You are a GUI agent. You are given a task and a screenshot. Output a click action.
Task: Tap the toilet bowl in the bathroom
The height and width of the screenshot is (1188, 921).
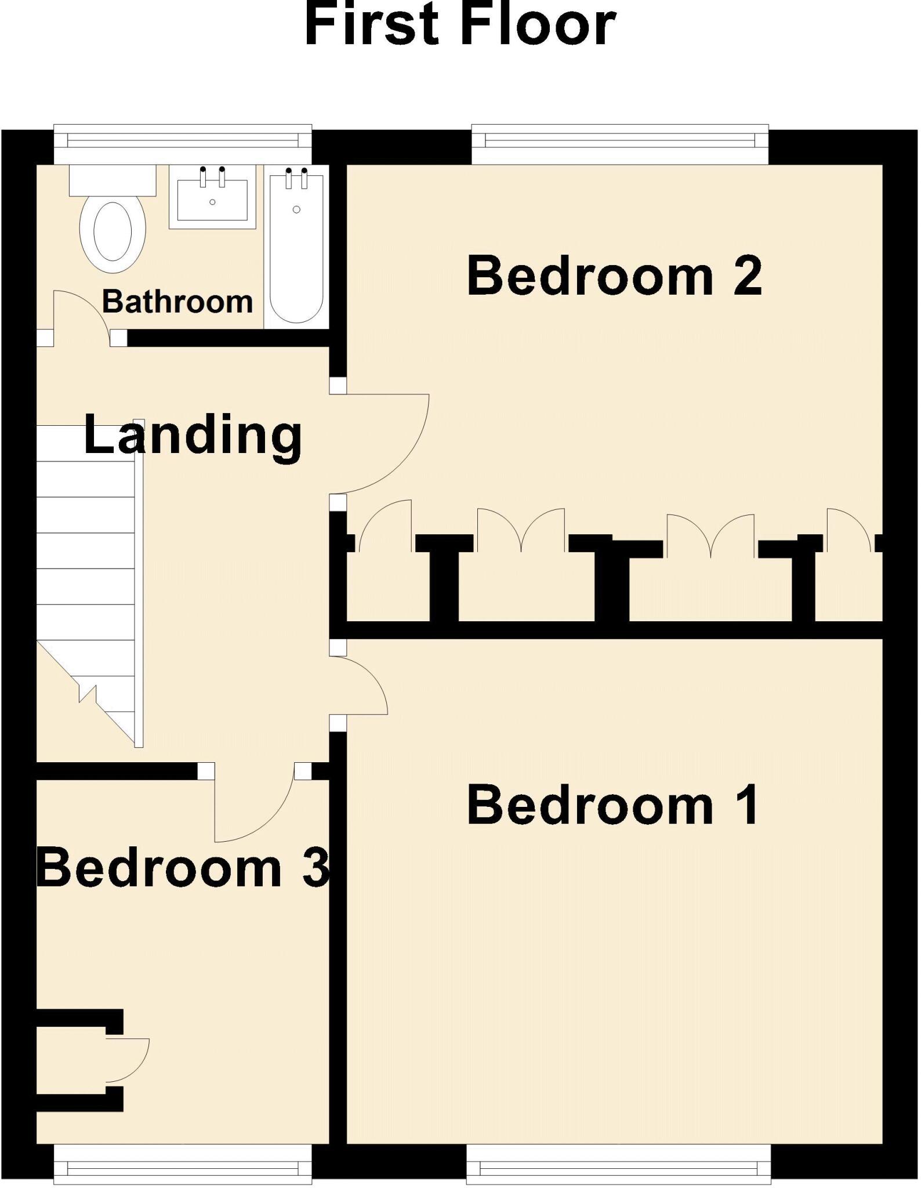coord(113,232)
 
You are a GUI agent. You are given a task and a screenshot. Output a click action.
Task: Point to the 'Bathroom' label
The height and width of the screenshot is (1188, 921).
coord(177,302)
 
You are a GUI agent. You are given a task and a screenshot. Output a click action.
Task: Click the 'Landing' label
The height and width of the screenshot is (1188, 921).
coord(193,436)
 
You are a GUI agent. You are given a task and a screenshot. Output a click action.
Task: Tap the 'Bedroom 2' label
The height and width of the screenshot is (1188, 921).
coord(614,276)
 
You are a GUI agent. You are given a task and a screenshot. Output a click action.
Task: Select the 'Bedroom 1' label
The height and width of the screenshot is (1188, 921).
coord(612,805)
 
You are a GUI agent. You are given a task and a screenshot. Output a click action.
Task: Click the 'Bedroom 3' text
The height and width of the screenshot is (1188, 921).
coord(183,868)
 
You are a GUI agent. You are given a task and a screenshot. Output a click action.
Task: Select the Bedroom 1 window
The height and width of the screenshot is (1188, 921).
coord(619,1165)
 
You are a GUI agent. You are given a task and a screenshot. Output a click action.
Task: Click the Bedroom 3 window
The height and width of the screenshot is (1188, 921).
coord(183,1165)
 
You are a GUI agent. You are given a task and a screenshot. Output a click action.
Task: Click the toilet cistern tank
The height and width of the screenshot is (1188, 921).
coord(113,180)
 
